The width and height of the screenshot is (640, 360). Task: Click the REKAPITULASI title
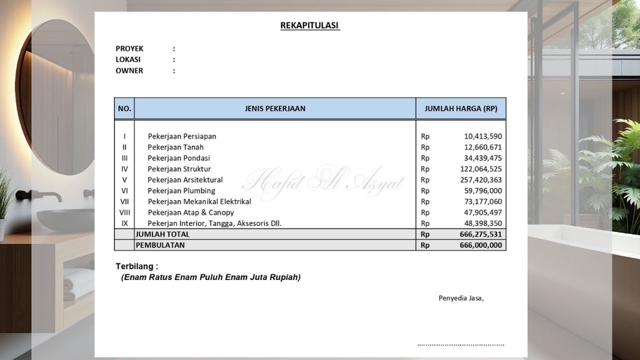(310, 26)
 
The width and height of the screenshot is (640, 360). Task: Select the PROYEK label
(129, 49)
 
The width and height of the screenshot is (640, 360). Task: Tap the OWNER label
(129, 71)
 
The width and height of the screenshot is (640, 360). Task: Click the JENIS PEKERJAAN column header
(275, 109)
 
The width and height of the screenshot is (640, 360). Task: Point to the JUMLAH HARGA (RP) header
(461, 109)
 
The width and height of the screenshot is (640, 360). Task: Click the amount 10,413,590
(483, 137)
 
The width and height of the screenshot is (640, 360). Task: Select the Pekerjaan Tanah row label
(175, 147)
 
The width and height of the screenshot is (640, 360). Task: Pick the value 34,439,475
(483, 158)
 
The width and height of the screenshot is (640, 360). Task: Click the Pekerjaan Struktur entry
(179, 169)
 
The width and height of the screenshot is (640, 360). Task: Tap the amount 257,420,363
(481, 180)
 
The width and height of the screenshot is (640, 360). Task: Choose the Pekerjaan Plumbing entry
(181, 191)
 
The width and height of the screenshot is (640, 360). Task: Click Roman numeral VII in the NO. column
(125, 201)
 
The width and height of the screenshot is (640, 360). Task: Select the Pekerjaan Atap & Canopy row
(191, 213)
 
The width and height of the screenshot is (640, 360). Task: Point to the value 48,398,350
(483, 223)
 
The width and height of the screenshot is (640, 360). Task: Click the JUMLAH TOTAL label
(163, 235)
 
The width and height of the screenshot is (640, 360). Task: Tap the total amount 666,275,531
(481, 235)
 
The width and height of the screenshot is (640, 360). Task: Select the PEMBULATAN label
(160, 245)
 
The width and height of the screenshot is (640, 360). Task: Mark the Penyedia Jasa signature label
(461, 298)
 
